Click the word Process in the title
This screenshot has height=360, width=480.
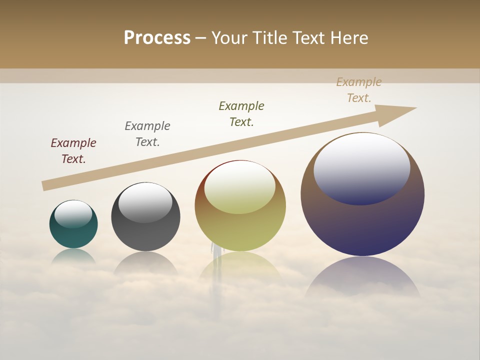point(157,37)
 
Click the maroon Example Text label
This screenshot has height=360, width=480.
point(73,150)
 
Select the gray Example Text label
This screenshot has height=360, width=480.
point(147,133)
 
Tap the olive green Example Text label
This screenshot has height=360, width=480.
point(241,113)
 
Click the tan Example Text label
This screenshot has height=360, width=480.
point(359,90)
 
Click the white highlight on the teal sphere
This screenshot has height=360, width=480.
point(73,214)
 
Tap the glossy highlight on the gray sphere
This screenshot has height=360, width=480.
point(145,202)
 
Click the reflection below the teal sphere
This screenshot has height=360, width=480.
point(73,256)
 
